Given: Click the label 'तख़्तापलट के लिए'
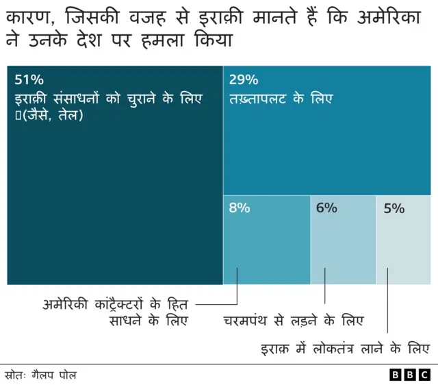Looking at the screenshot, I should (281, 99).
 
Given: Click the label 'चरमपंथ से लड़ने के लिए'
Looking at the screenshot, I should (294, 321).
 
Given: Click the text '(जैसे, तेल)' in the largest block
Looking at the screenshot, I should (49, 116).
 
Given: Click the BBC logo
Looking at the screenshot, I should (409, 375).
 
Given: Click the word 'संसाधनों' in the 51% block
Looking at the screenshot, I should (76, 99).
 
